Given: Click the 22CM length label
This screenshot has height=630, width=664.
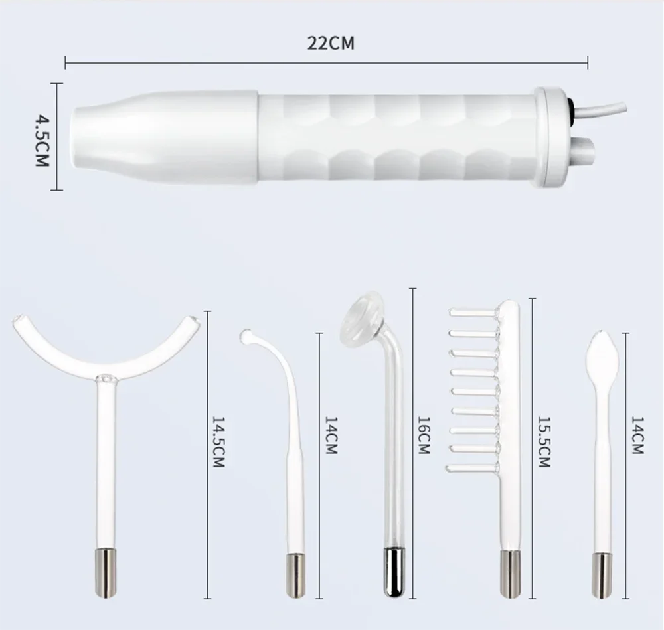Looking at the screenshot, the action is click(331, 43).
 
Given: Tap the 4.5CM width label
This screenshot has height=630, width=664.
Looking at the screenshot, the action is click(42, 141).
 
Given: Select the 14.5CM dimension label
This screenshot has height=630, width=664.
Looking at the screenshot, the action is click(218, 442).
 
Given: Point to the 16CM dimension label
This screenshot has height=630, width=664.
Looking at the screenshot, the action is click(424, 435).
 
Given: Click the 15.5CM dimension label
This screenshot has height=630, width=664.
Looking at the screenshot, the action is click(544, 442).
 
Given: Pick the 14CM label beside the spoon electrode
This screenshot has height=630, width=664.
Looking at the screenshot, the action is click(637, 435).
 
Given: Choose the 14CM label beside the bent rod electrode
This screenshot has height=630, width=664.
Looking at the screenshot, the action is click(331, 435).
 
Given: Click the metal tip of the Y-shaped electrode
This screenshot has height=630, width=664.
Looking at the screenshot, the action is click(105, 573).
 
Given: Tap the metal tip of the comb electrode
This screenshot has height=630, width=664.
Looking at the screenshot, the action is click(510, 574).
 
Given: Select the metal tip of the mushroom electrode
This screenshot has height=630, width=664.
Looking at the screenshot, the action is click(394, 572).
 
